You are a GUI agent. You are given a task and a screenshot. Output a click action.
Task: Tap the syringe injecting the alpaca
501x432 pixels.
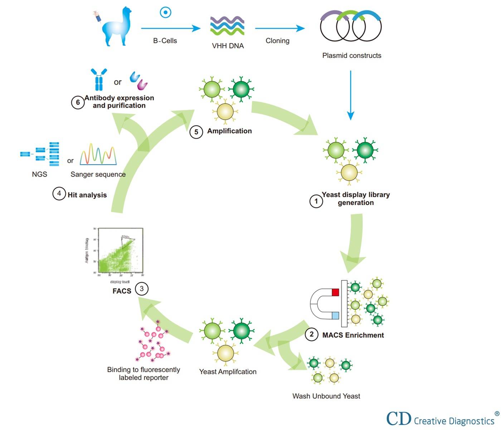97,16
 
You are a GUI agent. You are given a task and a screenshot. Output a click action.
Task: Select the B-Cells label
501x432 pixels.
165,41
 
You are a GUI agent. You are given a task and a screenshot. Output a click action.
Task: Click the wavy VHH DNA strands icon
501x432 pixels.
227,25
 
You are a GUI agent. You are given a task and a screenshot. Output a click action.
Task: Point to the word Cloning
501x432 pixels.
277,41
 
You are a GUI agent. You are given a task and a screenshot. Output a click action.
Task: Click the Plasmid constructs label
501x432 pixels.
351,56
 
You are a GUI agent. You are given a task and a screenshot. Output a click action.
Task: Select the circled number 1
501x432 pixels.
316,201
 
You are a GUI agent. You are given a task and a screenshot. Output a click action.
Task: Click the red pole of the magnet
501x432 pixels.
335,292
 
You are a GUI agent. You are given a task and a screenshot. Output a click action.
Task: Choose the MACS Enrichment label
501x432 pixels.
353,335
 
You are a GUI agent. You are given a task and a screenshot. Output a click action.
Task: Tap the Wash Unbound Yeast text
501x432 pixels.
326,396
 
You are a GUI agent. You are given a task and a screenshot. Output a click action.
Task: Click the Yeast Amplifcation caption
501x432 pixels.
228,372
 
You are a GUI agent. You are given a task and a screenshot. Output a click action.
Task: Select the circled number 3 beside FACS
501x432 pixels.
142,289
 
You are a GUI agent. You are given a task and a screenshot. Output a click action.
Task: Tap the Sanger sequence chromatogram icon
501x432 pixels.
98,155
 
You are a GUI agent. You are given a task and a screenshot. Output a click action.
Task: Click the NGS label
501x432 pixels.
39,174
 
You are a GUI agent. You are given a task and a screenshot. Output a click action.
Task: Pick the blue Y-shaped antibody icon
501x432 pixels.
99,79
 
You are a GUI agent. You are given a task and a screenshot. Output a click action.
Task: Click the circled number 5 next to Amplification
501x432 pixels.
196,132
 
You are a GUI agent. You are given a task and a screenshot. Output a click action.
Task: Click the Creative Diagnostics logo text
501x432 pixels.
453,421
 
